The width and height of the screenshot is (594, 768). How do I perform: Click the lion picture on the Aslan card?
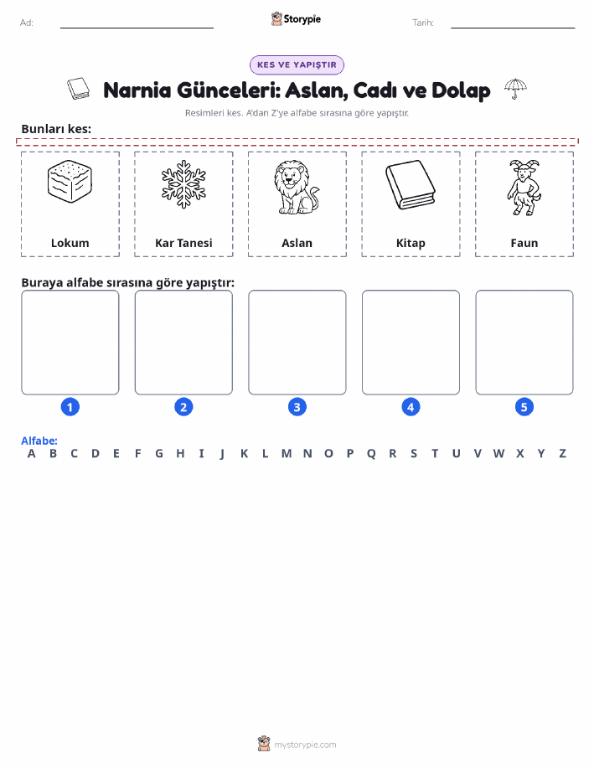pyautogui.click(x=296, y=188)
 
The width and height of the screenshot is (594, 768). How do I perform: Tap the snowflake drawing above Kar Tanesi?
pyautogui.click(x=183, y=184)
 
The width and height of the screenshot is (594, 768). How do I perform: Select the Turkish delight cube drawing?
pyautogui.click(x=70, y=181)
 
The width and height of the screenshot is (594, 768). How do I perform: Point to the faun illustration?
pyautogui.click(x=524, y=188)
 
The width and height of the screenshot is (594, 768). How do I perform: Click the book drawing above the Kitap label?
pyautogui.click(x=411, y=184)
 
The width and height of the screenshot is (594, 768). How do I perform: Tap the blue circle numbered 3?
pyautogui.click(x=297, y=407)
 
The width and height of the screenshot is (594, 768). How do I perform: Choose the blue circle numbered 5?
pyautogui.click(x=524, y=407)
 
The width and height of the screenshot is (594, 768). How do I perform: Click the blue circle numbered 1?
pyautogui.click(x=70, y=407)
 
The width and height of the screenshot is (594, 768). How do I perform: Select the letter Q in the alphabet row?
pyautogui.click(x=371, y=454)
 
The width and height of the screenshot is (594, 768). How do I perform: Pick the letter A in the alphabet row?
pyautogui.click(x=31, y=454)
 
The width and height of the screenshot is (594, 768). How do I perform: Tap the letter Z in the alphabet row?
pyautogui.click(x=563, y=454)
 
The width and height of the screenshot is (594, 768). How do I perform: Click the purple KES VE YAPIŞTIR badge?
pyautogui.click(x=297, y=64)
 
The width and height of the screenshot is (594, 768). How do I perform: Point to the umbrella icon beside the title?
pyautogui.click(x=515, y=89)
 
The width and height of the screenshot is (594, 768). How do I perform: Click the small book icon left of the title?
pyautogui.click(x=79, y=89)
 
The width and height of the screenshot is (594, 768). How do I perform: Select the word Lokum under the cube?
pyautogui.click(x=70, y=243)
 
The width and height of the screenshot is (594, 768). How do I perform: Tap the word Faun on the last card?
pyautogui.click(x=524, y=243)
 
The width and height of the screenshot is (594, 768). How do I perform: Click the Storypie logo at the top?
pyautogui.click(x=296, y=19)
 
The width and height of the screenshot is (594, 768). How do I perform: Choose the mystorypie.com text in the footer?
pyautogui.click(x=305, y=745)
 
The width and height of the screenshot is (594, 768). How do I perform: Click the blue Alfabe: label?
pyautogui.click(x=39, y=441)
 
